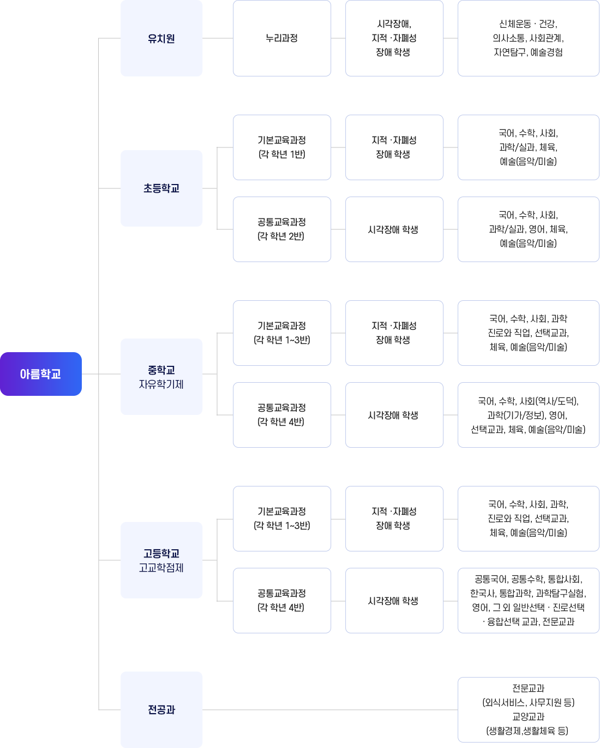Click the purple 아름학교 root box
point(41,374)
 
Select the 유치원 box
point(161,38)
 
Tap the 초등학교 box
point(161,188)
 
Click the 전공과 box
point(161,710)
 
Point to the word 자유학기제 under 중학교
point(161,384)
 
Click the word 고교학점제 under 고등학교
point(161,568)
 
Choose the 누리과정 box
point(282,38)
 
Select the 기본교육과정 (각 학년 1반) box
point(282,147)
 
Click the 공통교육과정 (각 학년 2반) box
point(282,229)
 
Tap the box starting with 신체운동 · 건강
point(528,38)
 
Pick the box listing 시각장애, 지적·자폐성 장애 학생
point(394,38)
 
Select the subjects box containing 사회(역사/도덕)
point(528,415)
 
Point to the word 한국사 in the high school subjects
point(482,593)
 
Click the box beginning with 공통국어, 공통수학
point(528,601)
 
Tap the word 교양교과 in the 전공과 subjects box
point(528,717)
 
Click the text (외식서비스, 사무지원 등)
point(528,703)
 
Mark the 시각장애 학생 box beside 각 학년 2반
point(394,229)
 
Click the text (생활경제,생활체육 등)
point(527,731)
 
